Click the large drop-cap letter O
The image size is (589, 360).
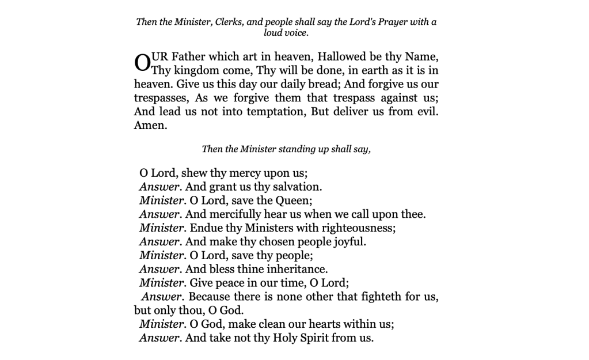(142, 63)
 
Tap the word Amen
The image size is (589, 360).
(150, 125)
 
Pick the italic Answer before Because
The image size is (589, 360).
(162, 297)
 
